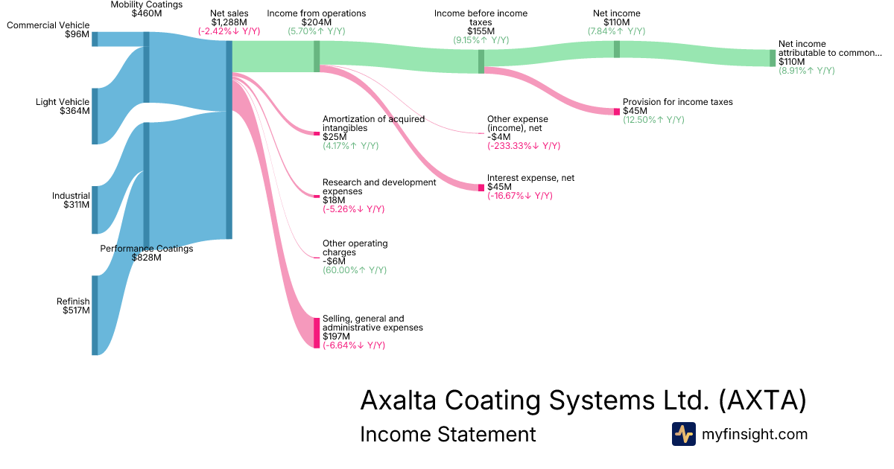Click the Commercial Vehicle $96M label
pyautogui.click(x=48, y=30)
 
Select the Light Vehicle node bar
pyautogui.click(x=95, y=115)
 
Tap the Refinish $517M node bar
pyautogui.click(x=95, y=315)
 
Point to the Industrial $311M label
pyautogui.click(x=71, y=200)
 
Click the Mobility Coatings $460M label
pyautogui.click(x=146, y=9)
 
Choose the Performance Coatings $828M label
pyautogui.click(x=146, y=253)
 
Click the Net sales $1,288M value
pyautogui.click(x=229, y=22)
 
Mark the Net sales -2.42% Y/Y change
pyautogui.click(x=229, y=31)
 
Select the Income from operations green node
pyautogui.click(x=317, y=56)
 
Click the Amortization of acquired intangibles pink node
pyautogui.click(x=317, y=133)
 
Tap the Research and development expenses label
pyautogui.click(x=378, y=187)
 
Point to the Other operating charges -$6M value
pyautogui.click(x=335, y=261)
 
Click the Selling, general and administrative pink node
pyautogui.click(x=317, y=332)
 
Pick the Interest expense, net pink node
pyautogui.click(x=481, y=187)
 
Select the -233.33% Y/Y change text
pyautogui.click(x=524, y=146)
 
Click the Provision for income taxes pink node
pyautogui.click(x=617, y=111)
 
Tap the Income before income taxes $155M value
pyautogui.click(x=481, y=31)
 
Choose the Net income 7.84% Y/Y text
pyautogui.click(x=616, y=31)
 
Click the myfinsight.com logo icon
pyautogui.click(x=683, y=434)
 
